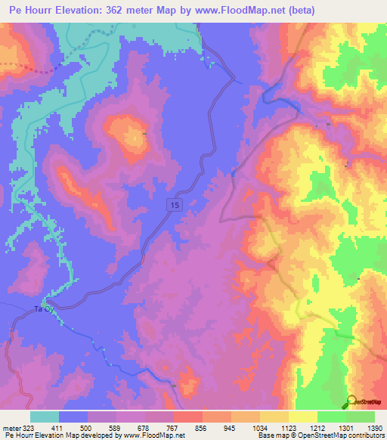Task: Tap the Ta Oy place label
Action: click(x=45, y=309)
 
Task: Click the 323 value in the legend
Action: click(x=29, y=427)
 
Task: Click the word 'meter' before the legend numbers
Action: click(x=11, y=427)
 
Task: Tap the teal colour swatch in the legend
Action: click(x=45, y=417)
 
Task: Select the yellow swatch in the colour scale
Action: click(x=302, y=417)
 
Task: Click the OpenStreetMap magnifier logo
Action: click(x=351, y=402)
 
